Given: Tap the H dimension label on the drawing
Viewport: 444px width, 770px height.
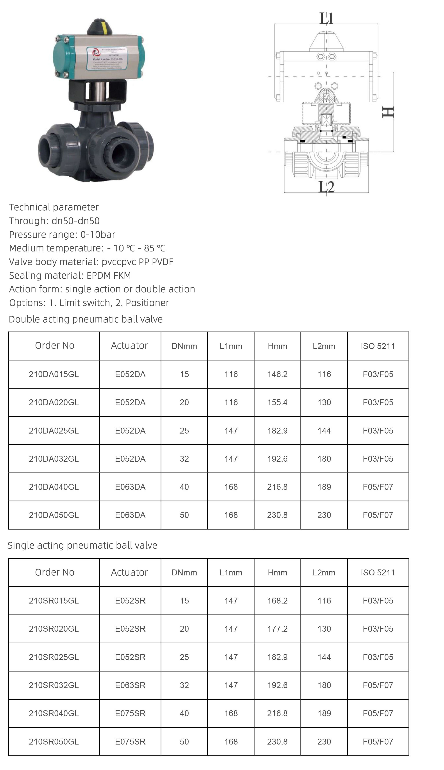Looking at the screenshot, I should point(388,112).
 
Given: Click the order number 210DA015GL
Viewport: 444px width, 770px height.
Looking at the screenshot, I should point(54,374).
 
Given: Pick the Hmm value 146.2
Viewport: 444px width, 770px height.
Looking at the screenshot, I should point(277,374).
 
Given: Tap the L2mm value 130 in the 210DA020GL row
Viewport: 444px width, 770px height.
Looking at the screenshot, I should point(324,402).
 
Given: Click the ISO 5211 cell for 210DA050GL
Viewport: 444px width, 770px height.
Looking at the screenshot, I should point(378,515).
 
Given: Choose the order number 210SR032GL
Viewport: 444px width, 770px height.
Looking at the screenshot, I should point(54,685).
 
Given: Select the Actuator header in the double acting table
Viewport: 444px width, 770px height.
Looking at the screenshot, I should point(129,346).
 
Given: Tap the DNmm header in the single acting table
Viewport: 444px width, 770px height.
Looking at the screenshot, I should point(184,573).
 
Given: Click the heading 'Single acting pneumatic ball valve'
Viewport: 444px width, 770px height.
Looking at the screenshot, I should point(82,545).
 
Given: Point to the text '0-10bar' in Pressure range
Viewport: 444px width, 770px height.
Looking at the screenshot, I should point(98,235).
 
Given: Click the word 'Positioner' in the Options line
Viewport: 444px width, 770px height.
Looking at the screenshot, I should point(147,303).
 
